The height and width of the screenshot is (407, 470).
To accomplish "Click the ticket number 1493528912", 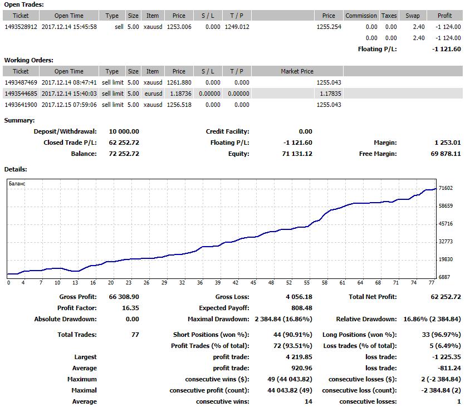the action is tap(21, 27).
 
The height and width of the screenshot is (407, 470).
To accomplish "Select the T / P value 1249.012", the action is tap(237, 27).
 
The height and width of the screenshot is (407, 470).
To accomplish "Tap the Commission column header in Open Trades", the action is tap(361, 16).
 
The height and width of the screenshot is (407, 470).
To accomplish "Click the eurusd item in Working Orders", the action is tap(153, 94).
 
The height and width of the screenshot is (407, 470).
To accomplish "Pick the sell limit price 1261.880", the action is tap(179, 82).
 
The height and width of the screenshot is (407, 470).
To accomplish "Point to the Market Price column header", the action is tap(297, 71).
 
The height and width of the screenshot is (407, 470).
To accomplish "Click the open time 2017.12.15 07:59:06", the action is tap(69, 105).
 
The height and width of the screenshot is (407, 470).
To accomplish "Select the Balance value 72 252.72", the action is tap(124, 154).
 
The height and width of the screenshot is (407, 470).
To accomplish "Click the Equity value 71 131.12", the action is tap(297, 154).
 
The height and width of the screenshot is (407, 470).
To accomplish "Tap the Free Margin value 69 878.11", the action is tap(445, 154).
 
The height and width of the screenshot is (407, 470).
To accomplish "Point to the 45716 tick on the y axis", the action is tap(445, 224).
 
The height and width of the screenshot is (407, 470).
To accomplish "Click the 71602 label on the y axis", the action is tap(445, 188).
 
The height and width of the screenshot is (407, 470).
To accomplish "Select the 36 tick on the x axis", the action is tap(200, 282).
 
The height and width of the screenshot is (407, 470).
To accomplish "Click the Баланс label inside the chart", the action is tap(17, 183).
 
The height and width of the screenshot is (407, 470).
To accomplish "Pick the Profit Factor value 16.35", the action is tap(130, 308).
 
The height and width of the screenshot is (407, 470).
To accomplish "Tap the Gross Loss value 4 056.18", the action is tap(299, 297).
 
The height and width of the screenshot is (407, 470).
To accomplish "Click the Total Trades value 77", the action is tap(135, 335).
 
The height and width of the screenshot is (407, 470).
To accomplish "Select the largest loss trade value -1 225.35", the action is tap(446, 357).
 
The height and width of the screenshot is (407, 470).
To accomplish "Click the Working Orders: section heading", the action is tap(29, 60).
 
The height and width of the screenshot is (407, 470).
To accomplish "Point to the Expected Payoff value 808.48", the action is tap(302, 308).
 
